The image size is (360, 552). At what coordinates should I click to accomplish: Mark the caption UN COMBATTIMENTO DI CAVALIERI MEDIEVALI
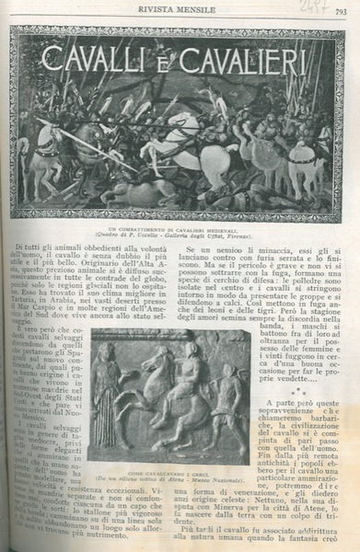(181, 227)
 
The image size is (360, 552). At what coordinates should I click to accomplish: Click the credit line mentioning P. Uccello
(181, 235)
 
